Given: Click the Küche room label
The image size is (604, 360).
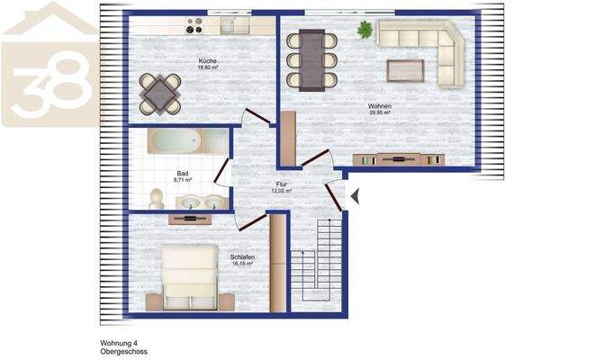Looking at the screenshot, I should coord(208,61).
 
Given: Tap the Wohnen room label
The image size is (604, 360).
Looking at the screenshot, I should coord(379,106).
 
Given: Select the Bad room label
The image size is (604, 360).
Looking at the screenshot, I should coord(183,173).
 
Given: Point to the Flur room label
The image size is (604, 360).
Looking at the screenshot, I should coord(281,184).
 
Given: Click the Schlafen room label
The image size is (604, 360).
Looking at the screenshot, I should coord(242,257).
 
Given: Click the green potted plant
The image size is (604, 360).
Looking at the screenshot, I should coord(365,30).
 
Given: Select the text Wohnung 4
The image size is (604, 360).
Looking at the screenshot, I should coord(119,343).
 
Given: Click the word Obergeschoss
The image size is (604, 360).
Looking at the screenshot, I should coord(123,352).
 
